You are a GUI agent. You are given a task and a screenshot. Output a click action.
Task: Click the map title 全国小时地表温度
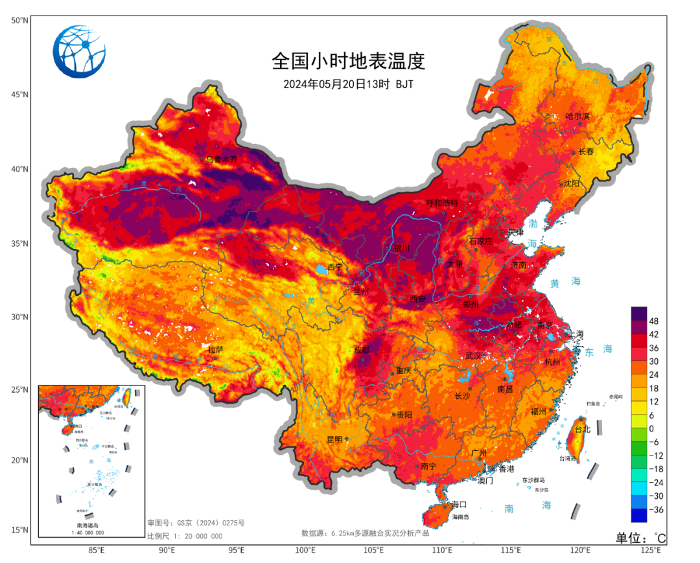pos(348,62)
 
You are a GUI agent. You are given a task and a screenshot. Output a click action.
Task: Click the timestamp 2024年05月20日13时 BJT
pos(348,84)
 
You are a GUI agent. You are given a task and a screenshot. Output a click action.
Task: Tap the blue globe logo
pos(79,52)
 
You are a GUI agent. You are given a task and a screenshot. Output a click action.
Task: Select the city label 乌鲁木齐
pos(222,159)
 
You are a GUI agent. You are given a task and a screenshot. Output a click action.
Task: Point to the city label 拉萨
pos(216,350)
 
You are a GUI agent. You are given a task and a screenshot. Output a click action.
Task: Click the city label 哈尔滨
pos(577,116)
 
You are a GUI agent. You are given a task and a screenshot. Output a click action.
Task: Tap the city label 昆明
pos(334,439)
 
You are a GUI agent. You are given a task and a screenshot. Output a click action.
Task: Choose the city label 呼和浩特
pos(442,203)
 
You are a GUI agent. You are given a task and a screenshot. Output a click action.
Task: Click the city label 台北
pos(583,429)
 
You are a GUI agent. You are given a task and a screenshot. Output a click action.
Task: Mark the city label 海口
pos(460,504)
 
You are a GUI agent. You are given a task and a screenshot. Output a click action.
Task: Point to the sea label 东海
pos(598,349)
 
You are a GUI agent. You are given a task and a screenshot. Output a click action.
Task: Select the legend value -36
pos(656,509)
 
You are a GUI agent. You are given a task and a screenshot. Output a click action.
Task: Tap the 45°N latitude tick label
pos(20,95)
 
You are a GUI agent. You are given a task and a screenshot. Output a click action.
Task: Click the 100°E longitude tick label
pos(305,551)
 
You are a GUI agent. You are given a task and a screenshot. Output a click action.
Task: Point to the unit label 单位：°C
pos(640,538)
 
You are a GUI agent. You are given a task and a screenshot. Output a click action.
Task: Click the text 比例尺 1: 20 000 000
pos(185,536)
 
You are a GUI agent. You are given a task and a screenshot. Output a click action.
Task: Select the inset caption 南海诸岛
pos(89,525)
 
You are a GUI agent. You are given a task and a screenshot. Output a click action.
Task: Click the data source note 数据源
pos(365,533)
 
